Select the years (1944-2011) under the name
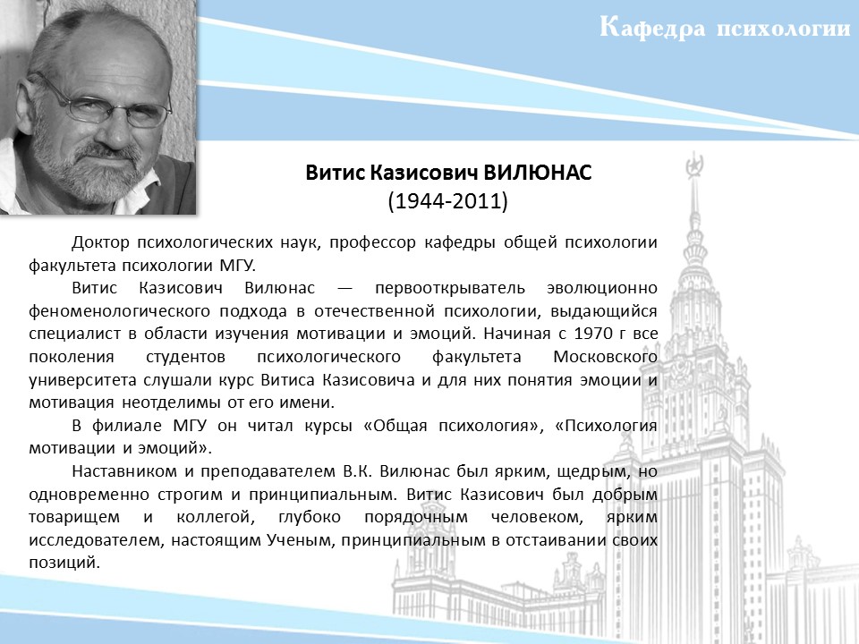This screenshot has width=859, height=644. point(448,201)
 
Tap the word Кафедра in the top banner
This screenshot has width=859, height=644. point(652,28)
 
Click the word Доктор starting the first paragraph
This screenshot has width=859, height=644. point(101,242)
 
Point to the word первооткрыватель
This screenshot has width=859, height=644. point(450,288)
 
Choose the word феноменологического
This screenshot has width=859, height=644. point(119,311)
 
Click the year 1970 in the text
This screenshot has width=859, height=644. point(593,334)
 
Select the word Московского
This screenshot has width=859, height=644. point(606,357)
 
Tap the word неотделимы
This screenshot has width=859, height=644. point(172,403)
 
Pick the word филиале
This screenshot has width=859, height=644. point(126,426)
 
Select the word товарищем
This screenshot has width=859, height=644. point(74,518)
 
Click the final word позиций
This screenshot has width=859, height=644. point(64,563)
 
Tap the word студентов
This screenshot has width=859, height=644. point(186,357)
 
